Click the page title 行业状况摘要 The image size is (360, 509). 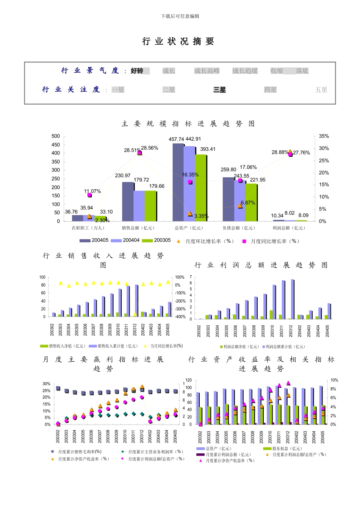pyautogui.click(x=178, y=42)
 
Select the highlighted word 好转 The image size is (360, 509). pyautogui.click(x=137, y=71)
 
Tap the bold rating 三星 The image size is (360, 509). pyautogui.click(x=219, y=90)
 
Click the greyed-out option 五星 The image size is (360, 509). pyautogui.click(x=321, y=90)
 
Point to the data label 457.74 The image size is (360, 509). pyautogui.click(x=176, y=139)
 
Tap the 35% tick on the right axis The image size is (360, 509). pyautogui.click(x=324, y=136)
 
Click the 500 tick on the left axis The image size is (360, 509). pyautogui.click(x=56, y=136)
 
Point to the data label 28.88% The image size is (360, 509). pyautogui.click(x=280, y=152)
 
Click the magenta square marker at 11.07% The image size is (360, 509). pyautogui.click(x=89, y=195)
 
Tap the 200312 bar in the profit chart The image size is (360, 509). pyautogui.click(x=292, y=299)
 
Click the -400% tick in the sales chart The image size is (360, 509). pyautogui.click(x=180, y=317)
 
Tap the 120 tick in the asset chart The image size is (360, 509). pyautogui.click(x=188, y=380)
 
